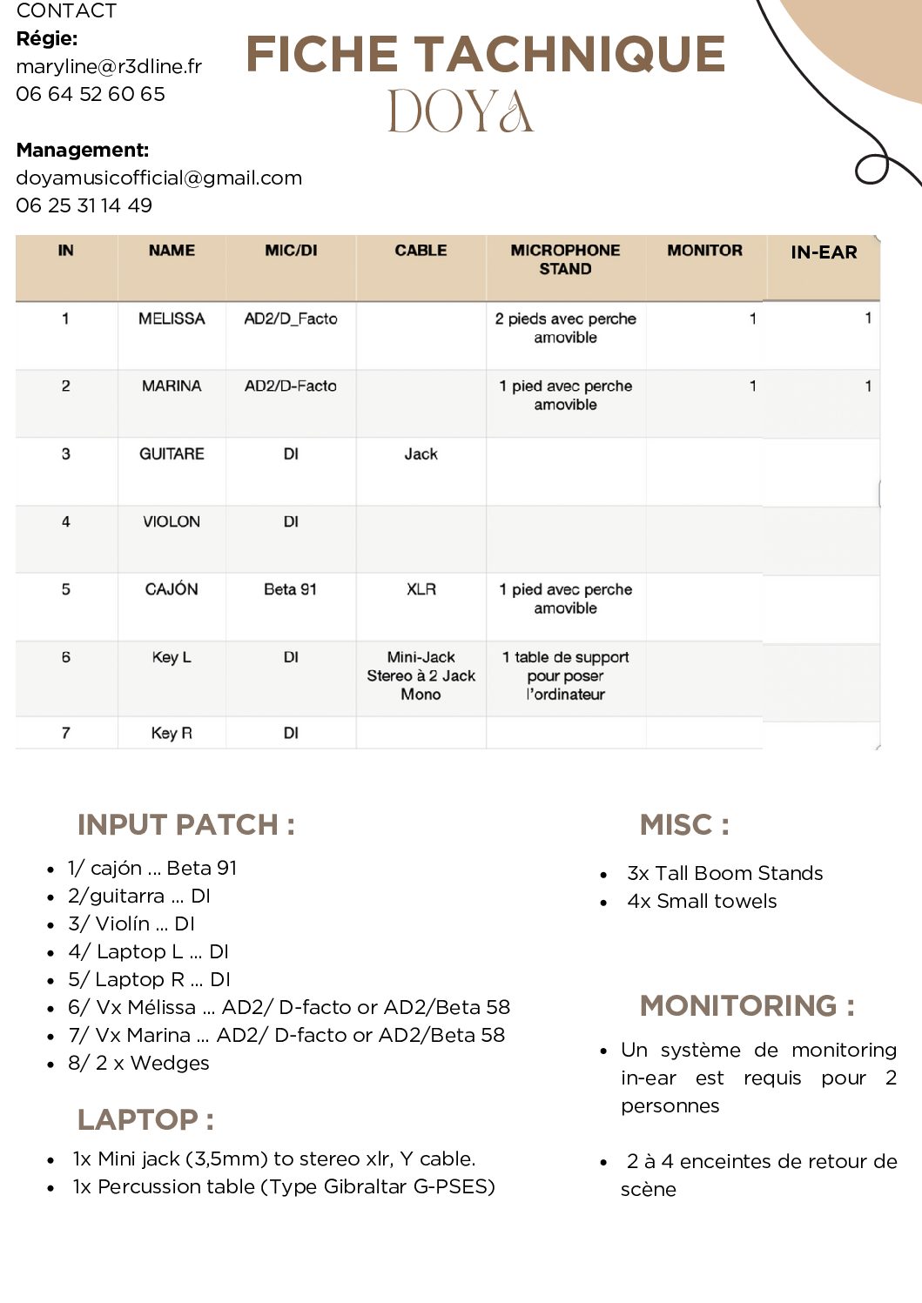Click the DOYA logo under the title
460,111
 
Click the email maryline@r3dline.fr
109,66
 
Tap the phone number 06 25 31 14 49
84,205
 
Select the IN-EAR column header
824,252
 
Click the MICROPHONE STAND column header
565,259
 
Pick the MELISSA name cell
172,319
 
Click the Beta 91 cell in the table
290,589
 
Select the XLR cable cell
421,589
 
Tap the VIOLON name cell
172,521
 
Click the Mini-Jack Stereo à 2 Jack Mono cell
421,675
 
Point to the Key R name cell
172,733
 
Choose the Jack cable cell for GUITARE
421,453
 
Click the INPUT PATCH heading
185,824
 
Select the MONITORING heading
747,1005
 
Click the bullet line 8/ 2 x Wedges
139,1063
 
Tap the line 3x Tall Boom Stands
724,873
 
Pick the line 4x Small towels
702,901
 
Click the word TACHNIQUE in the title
573,54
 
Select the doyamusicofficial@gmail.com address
159,178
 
